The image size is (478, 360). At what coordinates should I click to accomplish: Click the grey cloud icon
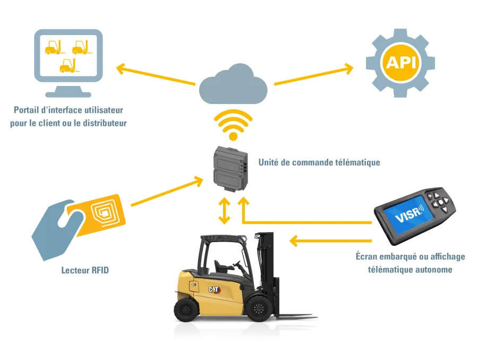coord(233,85)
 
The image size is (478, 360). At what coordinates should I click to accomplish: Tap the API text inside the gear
coord(401,63)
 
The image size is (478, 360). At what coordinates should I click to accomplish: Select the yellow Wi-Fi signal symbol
coord(233,125)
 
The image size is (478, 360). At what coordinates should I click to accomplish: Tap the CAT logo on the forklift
coord(215,289)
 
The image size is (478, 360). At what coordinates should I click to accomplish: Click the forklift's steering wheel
coord(237,264)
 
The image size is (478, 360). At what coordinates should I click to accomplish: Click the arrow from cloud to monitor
coord(156,74)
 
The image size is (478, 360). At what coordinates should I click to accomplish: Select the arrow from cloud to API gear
coord(314,74)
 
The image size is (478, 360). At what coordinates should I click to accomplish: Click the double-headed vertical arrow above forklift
coord(224,211)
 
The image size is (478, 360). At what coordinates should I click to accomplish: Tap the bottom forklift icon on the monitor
coord(69,65)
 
